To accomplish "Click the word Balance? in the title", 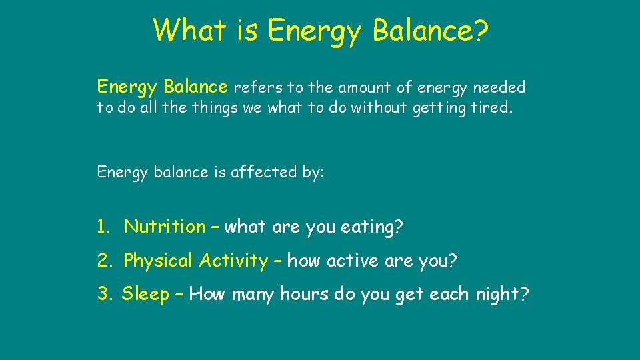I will click(x=430, y=30).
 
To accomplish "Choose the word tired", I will click(x=493, y=108).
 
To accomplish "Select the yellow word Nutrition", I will click(x=165, y=227).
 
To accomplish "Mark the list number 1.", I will click(x=102, y=227).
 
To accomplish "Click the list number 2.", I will click(x=103, y=261).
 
